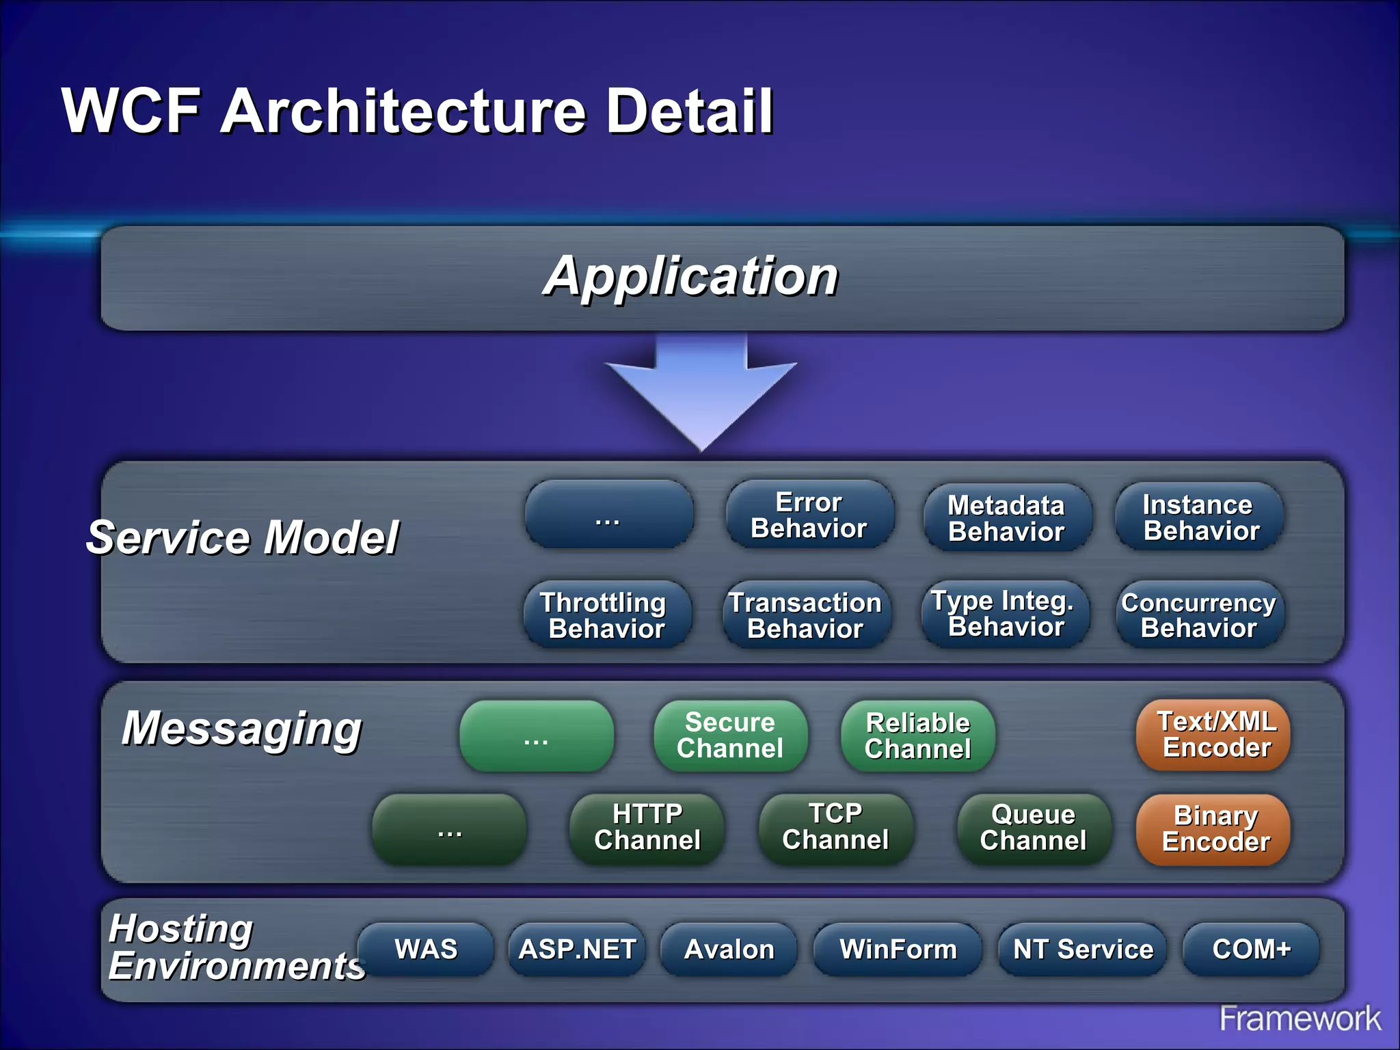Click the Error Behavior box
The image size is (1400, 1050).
(809, 515)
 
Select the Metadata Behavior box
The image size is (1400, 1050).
(1007, 517)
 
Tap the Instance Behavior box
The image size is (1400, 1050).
(1200, 517)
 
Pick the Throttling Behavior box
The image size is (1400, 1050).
(606, 615)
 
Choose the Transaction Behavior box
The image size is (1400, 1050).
(807, 615)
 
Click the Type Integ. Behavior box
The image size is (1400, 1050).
(1005, 613)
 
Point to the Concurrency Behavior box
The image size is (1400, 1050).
(1200, 615)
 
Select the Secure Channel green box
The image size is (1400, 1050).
(730, 736)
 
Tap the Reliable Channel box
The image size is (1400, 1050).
(917, 736)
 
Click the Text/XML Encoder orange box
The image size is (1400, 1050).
(1213, 734)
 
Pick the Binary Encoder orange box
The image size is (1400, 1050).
(1213, 829)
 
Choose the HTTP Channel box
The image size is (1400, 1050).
(647, 827)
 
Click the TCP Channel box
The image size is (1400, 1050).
(835, 827)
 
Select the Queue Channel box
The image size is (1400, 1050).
(1034, 828)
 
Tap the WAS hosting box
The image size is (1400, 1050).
(426, 949)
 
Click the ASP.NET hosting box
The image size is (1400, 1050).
(577, 949)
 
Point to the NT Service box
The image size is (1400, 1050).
(1082, 949)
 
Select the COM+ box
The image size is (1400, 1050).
(1251, 949)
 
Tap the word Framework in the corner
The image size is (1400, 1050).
(1300, 1019)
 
